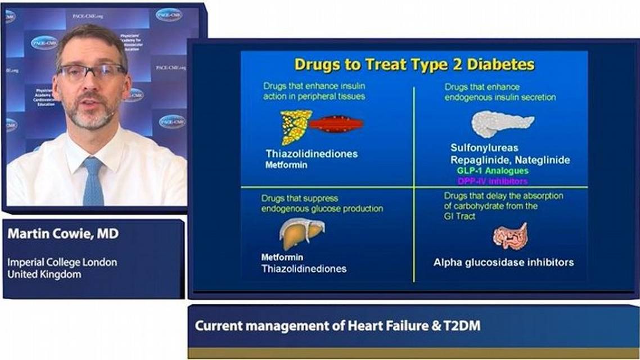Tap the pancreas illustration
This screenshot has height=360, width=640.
click(502, 123)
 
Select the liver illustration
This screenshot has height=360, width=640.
click(302, 232)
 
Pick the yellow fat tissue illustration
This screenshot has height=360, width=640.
click(295, 127)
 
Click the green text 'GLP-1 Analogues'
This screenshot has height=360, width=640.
click(493, 170)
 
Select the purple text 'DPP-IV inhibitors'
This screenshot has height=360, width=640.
click(493, 181)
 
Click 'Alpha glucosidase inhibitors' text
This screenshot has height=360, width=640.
click(503, 262)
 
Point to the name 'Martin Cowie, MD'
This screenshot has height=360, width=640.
click(63, 234)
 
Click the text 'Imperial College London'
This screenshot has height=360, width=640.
click(62, 262)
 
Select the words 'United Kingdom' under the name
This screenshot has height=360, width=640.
click(44, 274)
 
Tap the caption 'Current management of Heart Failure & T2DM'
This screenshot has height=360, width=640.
click(337, 326)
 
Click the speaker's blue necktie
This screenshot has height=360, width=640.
click(93, 181)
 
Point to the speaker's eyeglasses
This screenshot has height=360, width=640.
click(91, 71)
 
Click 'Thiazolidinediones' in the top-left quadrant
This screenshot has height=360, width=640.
click(312, 154)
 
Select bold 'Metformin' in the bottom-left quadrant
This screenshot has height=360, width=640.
click(282, 258)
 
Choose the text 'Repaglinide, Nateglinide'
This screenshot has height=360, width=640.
click(510, 160)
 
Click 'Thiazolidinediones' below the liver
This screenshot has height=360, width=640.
click(304, 269)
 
